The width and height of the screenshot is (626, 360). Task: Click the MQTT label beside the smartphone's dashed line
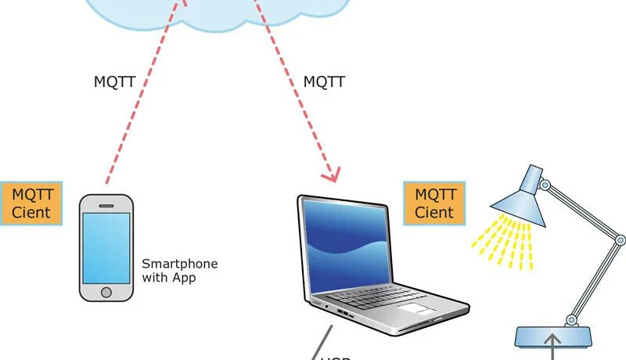pos(114,81)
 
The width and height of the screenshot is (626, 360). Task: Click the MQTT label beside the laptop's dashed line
pos(324,81)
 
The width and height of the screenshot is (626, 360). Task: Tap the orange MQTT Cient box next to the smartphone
pos(31,203)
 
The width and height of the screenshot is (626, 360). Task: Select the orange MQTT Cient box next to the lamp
pos(434,203)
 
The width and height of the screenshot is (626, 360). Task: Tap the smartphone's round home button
pos(106,291)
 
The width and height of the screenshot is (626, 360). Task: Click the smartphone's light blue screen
pos(106,247)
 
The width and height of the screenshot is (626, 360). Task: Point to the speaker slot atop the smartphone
pos(106,203)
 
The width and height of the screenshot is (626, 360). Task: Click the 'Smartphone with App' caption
pos(179,271)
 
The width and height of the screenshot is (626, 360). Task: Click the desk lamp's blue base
pos(552,337)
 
